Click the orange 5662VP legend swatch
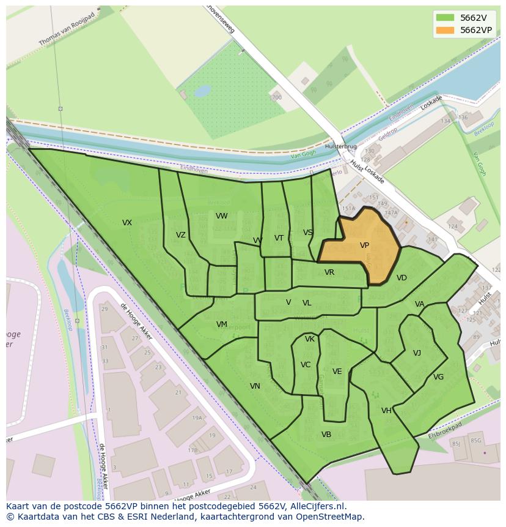(x=446, y=30)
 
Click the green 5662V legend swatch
(x=446, y=18)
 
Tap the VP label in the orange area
(x=364, y=245)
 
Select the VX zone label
(x=127, y=223)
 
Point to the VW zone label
(x=221, y=216)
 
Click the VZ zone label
(x=180, y=235)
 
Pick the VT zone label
(x=279, y=238)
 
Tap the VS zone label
(x=307, y=233)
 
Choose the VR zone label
(x=329, y=272)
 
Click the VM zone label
(x=221, y=324)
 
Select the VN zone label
(x=255, y=386)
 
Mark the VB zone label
(x=326, y=435)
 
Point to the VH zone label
(x=386, y=411)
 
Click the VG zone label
(x=438, y=377)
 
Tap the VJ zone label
(x=417, y=353)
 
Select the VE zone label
(x=337, y=372)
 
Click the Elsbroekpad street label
(x=445, y=429)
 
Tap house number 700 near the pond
(x=277, y=97)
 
